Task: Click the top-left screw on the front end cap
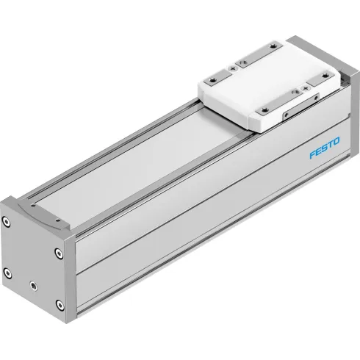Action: tap(7, 220)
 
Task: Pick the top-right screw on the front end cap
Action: tap(57, 252)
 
